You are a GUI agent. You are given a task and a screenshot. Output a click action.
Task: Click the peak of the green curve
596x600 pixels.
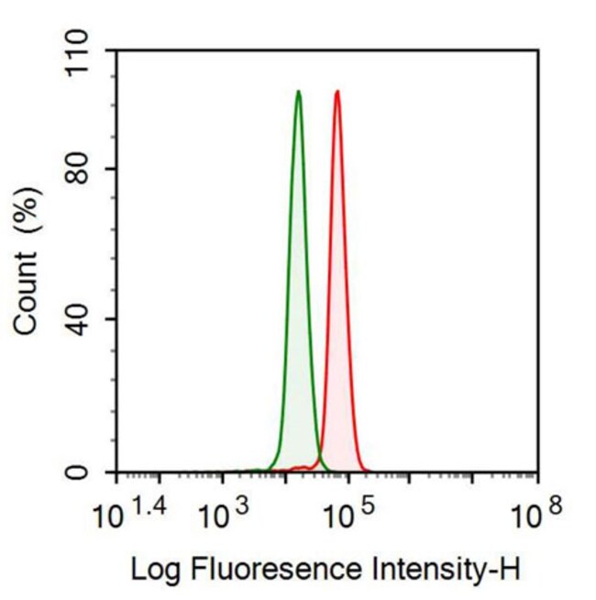(298, 92)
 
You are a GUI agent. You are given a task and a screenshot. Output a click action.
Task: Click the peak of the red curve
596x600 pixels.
(337, 92)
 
